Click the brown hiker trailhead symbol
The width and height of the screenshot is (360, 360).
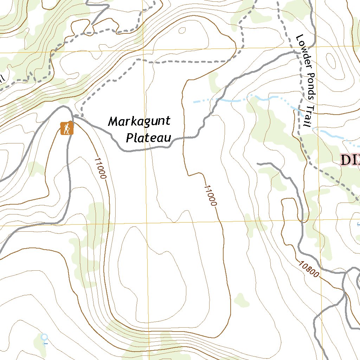[x=66, y=128]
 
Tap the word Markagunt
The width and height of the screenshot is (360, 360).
[x=139, y=122]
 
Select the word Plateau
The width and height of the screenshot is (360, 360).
[x=148, y=137]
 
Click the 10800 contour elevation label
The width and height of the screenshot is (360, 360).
[x=309, y=269]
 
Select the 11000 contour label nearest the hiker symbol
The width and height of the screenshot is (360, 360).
[x=100, y=168]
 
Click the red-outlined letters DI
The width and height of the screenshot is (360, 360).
[x=350, y=160]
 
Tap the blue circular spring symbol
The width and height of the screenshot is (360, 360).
[x=44, y=337]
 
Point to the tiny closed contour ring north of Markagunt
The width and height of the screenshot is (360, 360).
[x=182, y=31]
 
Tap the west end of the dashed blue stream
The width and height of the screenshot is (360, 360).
[x=194, y=102]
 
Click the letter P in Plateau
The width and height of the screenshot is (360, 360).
[x=129, y=137]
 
